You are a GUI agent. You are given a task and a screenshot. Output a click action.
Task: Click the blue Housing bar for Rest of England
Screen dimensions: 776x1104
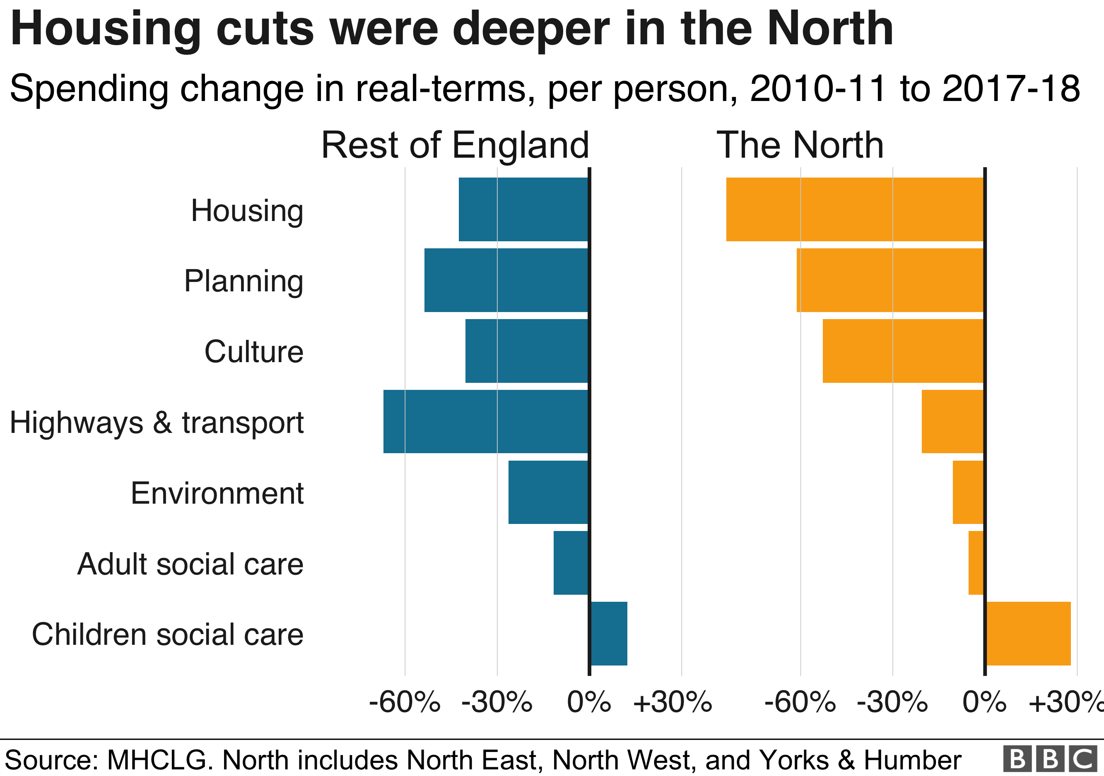[x=523, y=209]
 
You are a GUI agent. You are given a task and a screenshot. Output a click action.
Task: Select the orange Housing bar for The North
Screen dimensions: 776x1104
[x=855, y=209]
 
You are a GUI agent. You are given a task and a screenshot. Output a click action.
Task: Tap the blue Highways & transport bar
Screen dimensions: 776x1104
[x=486, y=421]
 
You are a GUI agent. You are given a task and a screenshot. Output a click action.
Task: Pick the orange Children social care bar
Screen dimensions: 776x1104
[x=1028, y=633]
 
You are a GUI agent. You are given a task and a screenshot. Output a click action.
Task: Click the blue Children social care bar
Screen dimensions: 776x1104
[x=609, y=633]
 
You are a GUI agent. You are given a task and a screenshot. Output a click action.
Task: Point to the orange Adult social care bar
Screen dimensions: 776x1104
[x=976, y=563]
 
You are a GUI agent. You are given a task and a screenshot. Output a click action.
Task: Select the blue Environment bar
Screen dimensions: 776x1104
[x=548, y=492]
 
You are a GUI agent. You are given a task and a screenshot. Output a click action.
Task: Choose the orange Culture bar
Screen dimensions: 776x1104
[x=903, y=351]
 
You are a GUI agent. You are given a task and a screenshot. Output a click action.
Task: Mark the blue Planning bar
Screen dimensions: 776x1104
[x=506, y=280]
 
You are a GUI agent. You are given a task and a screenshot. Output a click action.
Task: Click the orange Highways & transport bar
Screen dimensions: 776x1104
[x=952, y=421]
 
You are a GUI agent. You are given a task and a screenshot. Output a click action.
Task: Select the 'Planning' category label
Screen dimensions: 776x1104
[x=244, y=281]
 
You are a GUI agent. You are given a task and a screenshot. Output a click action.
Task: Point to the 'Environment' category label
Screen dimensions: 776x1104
[x=217, y=493]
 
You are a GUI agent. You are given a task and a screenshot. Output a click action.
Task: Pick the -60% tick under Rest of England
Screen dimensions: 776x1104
[x=405, y=702]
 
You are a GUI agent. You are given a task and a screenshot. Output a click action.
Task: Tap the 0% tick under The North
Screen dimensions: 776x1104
[x=984, y=702]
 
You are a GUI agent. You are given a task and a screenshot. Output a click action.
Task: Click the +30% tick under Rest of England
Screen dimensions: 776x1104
[x=672, y=702]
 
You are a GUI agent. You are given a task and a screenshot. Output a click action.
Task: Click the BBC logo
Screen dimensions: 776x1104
[x=1051, y=759]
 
